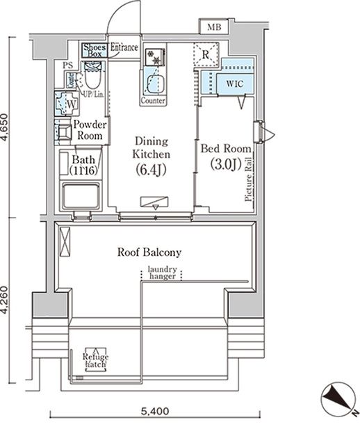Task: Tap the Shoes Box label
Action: [94, 50]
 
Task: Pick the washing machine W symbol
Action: [70, 104]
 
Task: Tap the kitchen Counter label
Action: [152, 101]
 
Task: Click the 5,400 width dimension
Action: [154, 411]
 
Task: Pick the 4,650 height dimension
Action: [7, 128]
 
